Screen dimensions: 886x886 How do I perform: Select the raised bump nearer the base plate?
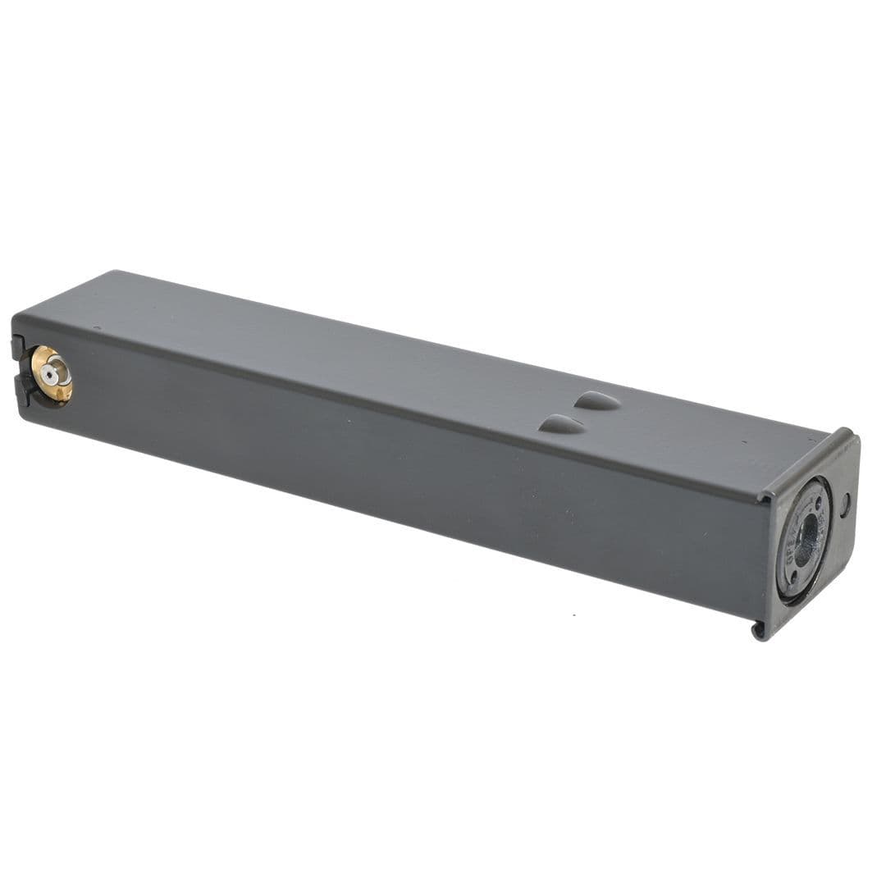(596, 400)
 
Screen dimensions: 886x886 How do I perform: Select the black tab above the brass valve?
(18, 347)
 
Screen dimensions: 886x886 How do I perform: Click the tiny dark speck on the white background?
(573, 614)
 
